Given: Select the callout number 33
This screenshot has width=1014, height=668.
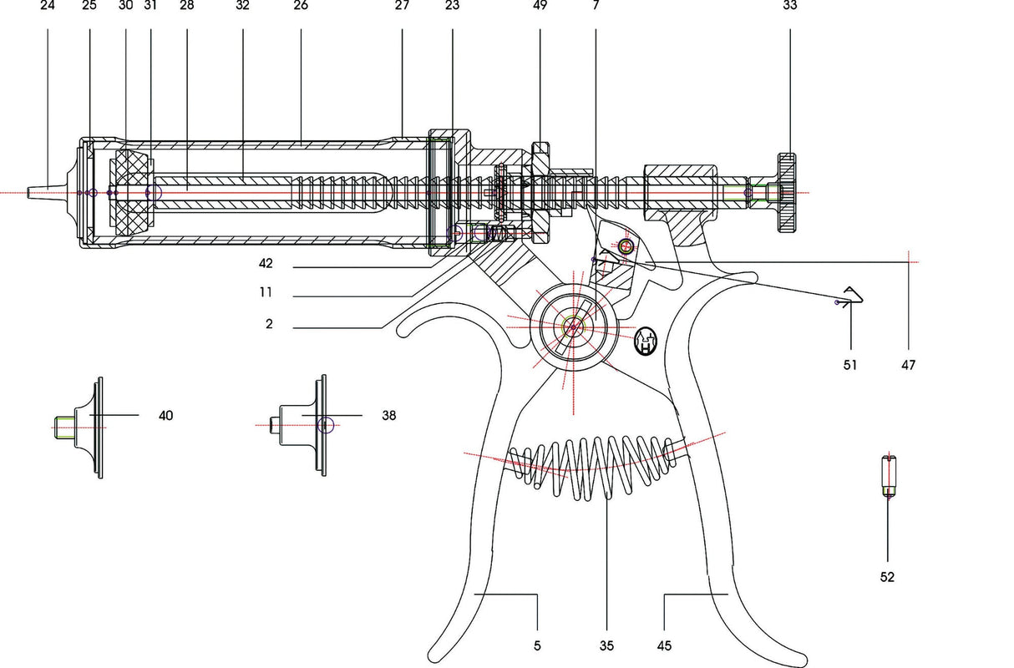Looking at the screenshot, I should pyautogui.click(x=789, y=5).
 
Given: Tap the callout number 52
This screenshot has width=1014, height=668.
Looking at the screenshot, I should pyautogui.click(x=887, y=577).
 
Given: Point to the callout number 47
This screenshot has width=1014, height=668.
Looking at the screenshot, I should pyautogui.click(x=908, y=365).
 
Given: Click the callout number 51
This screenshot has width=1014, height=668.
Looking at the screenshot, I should pyautogui.click(x=850, y=365).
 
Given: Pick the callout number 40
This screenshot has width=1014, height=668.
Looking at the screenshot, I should pyautogui.click(x=166, y=415).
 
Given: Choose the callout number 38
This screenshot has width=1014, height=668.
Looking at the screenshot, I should pyautogui.click(x=388, y=415).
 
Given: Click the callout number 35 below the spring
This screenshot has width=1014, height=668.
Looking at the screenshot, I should pyautogui.click(x=607, y=645).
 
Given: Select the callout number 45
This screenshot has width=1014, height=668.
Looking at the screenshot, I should pyautogui.click(x=664, y=645).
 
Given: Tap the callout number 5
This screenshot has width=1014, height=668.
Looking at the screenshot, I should pyautogui.click(x=537, y=645).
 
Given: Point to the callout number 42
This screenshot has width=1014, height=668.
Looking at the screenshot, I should pyautogui.click(x=266, y=264).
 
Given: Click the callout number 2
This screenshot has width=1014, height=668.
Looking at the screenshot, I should pyautogui.click(x=269, y=323).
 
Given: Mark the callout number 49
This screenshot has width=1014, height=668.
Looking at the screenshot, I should pyautogui.click(x=539, y=5).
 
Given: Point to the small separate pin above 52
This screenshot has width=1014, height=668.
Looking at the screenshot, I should pyautogui.click(x=889, y=476).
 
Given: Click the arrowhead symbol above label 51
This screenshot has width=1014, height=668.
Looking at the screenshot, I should pyautogui.click(x=852, y=296).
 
